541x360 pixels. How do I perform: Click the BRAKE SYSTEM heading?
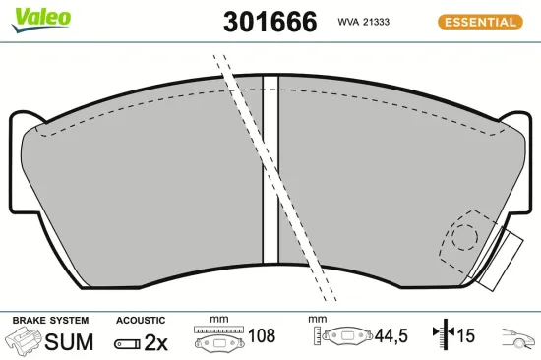pyautogui.click(x=49, y=321)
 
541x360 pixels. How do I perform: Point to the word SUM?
pyautogui.click(x=70, y=342)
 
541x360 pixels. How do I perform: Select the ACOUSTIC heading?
pyautogui.click(x=140, y=321)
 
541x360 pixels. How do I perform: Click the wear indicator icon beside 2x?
pyautogui.click(x=126, y=343)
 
